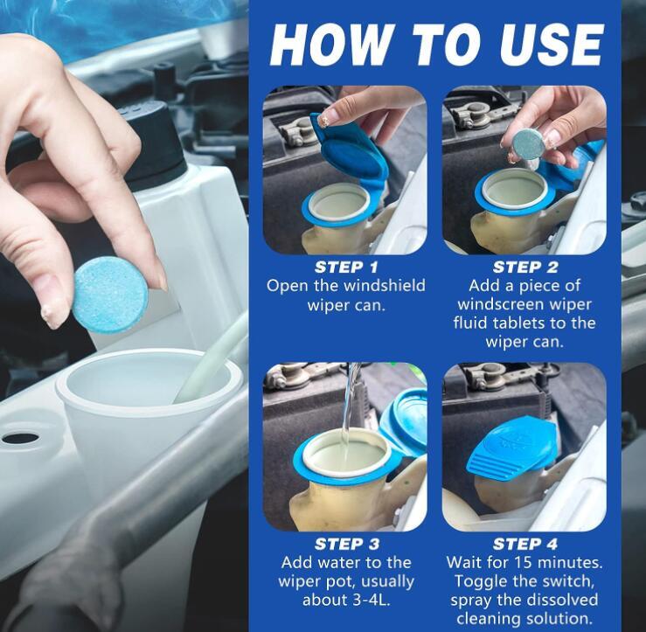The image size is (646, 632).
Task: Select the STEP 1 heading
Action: coord(346,267)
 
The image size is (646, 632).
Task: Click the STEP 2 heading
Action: coord(524,267)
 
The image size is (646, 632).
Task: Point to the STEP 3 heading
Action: coord(346,545)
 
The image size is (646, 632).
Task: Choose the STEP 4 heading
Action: coord(524,545)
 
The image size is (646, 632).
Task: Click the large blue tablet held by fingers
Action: coord(109,295)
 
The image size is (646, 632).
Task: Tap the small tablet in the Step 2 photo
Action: coord(530,144)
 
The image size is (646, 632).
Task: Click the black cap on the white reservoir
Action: coord(155,140)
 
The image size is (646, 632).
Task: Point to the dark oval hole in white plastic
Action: coord(21,438)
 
